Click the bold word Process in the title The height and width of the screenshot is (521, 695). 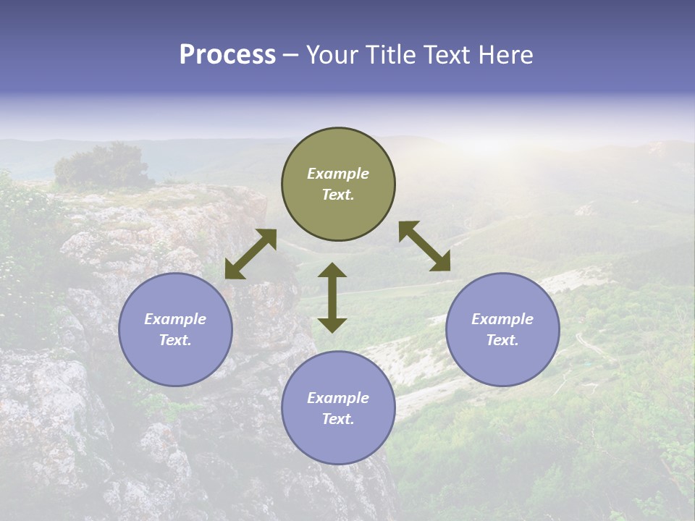pyautogui.click(x=227, y=55)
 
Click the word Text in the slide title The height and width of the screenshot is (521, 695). pyautogui.click(x=450, y=55)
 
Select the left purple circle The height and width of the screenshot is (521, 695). pyautogui.click(x=175, y=329)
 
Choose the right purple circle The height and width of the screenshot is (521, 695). pyautogui.click(x=502, y=329)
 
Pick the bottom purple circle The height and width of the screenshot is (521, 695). pyautogui.click(x=338, y=408)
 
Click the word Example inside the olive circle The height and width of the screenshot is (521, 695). pyautogui.click(x=338, y=174)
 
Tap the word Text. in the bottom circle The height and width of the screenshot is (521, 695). pyautogui.click(x=338, y=419)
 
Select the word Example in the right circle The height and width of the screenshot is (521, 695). pyautogui.click(x=502, y=319)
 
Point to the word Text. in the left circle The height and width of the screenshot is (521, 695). pyautogui.click(x=175, y=340)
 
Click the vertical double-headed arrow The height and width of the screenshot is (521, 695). pyautogui.click(x=332, y=297)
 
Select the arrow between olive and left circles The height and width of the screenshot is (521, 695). pyautogui.click(x=250, y=254)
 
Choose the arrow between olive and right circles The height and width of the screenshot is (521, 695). pyautogui.click(x=424, y=246)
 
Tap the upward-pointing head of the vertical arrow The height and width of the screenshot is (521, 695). pyautogui.click(x=332, y=271)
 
